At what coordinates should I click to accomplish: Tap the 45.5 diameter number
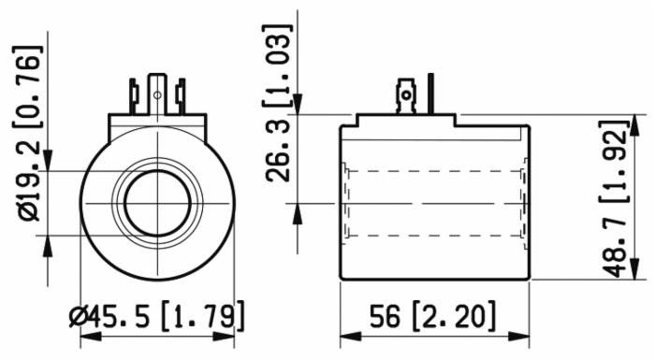127,316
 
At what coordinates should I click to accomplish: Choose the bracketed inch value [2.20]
453,316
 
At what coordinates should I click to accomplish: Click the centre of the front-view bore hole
158,202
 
